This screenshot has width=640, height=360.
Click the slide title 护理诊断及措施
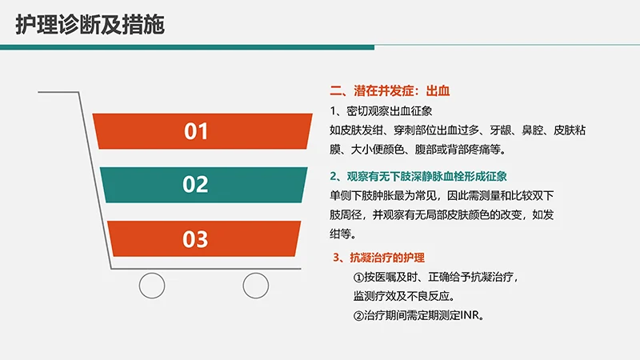click(x=90, y=25)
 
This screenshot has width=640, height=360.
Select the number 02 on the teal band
click(x=195, y=185)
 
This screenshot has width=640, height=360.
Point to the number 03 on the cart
click(x=195, y=238)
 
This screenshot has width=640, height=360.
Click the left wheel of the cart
click(x=152, y=284)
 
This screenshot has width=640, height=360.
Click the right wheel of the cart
click(x=256, y=284)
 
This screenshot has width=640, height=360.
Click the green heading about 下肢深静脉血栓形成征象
click(x=419, y=176)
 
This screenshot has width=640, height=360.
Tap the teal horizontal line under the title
click(x=320, y=46)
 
